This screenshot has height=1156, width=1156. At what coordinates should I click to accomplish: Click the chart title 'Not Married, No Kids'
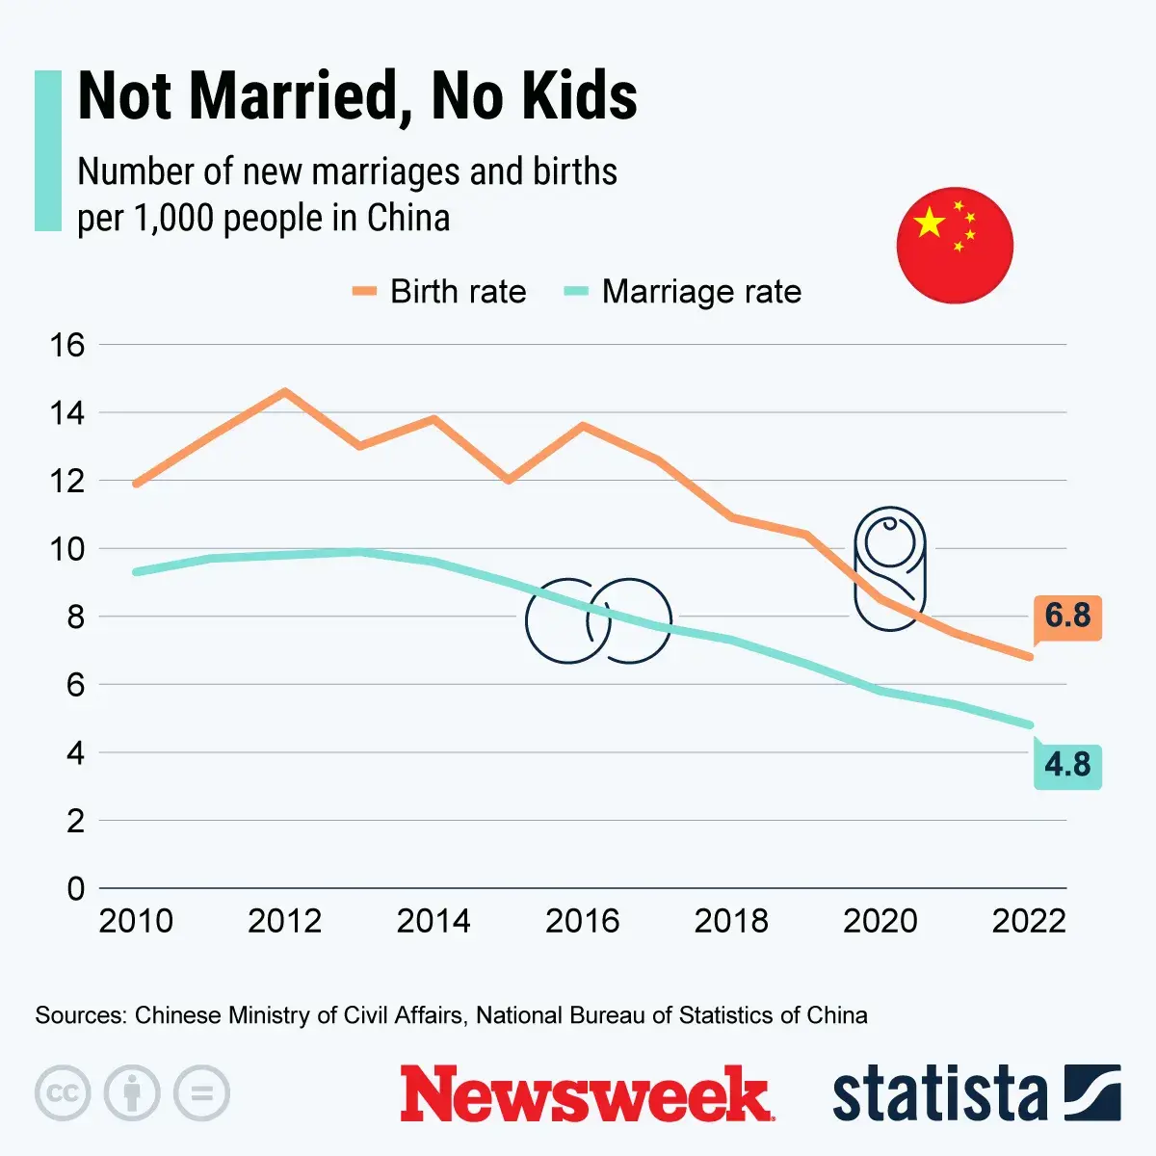click(356, 96)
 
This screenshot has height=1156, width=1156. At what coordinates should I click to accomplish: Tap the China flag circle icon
click(954, 245)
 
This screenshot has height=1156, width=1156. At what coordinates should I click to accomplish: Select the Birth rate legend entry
click(440, 292)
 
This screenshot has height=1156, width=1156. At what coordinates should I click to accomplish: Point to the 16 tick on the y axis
click(67, 345)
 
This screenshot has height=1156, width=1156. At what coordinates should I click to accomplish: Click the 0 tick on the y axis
click(75, 888)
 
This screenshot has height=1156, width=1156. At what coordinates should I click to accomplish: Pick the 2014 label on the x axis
click(433, 921)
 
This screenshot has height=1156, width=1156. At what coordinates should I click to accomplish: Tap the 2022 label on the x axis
click(1029, 921)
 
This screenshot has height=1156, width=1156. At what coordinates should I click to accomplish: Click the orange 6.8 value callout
click(1067, 616)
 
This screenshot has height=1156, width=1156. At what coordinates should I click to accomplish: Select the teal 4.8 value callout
click(1067, 765)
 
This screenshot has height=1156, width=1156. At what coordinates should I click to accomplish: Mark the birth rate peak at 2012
click(284, 391)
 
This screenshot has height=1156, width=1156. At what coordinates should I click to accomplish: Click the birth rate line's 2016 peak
click(583, 425)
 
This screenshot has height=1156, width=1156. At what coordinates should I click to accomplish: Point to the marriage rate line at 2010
click(136, 571)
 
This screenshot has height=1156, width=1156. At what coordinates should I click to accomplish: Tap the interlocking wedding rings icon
click(598, 621)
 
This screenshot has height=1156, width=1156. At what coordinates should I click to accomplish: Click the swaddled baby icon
click(889, 568)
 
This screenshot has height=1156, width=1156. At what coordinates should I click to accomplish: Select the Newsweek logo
click(586, 1094)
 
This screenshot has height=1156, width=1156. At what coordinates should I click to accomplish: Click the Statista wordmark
click(939, 1094)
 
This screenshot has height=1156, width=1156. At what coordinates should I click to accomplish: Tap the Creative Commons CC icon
click(63, 1093)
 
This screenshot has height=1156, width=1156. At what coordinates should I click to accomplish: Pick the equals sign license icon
click(201, 1093)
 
